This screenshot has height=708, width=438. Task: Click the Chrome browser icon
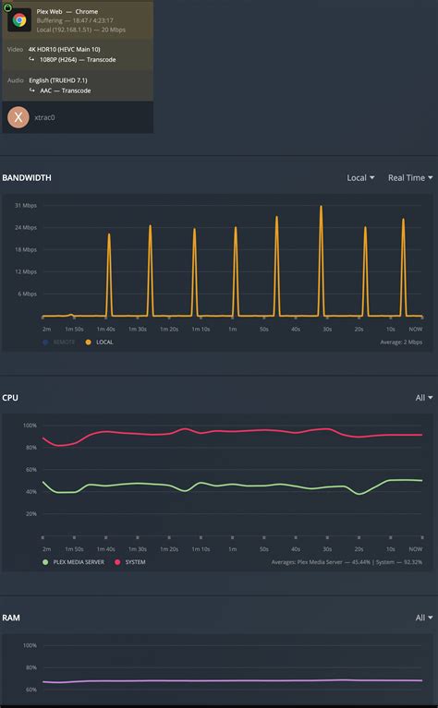(x=19, y=19)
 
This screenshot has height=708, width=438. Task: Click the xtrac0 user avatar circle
(x=18, y=117)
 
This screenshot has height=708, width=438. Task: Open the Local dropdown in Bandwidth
(x=360, y=177)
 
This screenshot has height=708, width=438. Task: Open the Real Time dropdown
(x=409, y=177)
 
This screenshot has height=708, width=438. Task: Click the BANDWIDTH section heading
(x=27, y=177)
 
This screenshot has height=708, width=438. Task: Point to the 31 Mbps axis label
(x=25, y=205)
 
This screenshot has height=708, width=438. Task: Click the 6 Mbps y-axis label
(x=27, y=294)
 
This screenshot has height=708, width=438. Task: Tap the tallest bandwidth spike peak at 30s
(x=321, y=207)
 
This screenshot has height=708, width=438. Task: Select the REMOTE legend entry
(x=63, y=342)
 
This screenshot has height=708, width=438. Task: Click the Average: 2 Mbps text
(x=401, y=342)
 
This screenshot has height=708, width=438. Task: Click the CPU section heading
(x=10, y=398)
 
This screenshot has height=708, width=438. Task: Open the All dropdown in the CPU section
(x=423, y=398)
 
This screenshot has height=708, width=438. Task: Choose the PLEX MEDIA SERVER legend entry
(x=78, y=561)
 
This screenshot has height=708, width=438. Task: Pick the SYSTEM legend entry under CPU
(x=134, y=561)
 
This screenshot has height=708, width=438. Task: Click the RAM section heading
(x=11, y=618)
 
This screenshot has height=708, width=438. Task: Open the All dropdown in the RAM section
(x=423, y=618)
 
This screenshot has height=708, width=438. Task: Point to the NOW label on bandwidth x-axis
(x=416, y=329)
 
